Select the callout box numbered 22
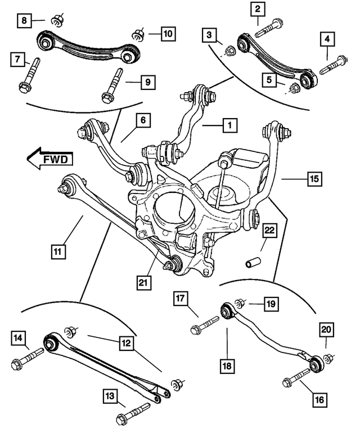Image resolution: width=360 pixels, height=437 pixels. (x=269, y=231)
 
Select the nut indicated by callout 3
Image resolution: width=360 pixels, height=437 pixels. (x=229, y=53)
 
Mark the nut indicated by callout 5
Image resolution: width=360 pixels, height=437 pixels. (x=292, y=88)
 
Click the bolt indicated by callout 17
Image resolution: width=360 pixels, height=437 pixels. (x=205, y=325)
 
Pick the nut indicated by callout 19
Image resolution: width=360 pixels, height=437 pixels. (x=239, y=304)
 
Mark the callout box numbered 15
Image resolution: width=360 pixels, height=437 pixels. (x=314, y=180)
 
